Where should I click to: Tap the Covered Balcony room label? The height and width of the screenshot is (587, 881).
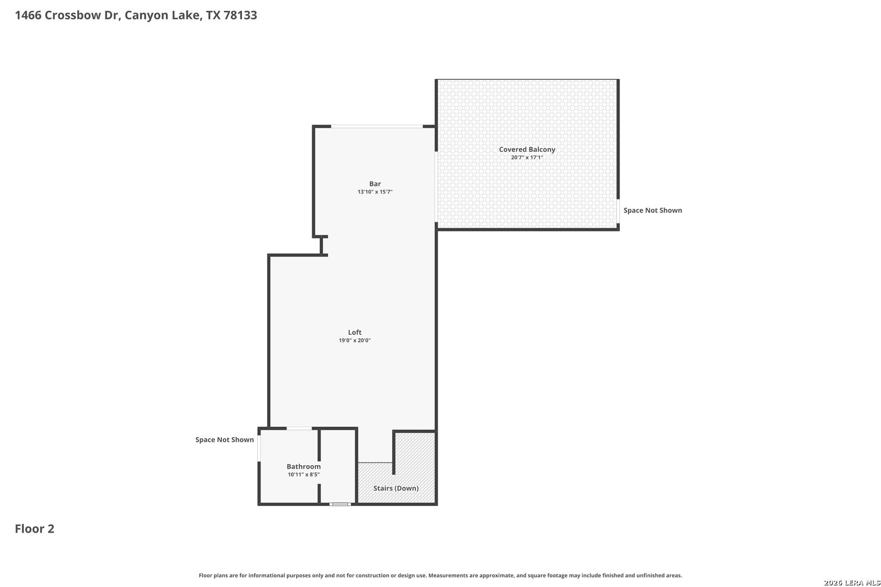tap(527, 149)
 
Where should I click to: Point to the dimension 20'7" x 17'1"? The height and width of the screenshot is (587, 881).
tap(527, 158)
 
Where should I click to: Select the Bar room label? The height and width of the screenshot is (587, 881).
tap(375, 184)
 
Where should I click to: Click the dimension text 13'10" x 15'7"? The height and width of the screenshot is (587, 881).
tap(375, 192)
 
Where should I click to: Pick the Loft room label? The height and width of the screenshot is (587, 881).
tap(355, 332)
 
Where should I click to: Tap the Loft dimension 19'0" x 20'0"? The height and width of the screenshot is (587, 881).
tap(355, 340)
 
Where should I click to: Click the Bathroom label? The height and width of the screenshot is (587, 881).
tap(303, 466)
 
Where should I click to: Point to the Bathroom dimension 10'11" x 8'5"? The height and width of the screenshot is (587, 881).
tap(303, 474)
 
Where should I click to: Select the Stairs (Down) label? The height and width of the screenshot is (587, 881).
tap(396, 488)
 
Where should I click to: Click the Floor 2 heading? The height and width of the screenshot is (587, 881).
tap(35, 529)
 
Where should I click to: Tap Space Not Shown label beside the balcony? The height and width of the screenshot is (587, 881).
tap(653, 210)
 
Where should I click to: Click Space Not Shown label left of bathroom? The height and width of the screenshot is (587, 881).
tap(225, 440)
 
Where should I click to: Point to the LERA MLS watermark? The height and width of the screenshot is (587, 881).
tap(852, 583)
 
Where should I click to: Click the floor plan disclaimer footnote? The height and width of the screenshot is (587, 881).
tap(440, 575)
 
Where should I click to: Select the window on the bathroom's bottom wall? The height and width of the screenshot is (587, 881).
tap(340, 504)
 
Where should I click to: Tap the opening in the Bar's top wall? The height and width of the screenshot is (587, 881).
tap(377, 127)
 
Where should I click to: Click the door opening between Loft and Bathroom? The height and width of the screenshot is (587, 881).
tap(299, 428)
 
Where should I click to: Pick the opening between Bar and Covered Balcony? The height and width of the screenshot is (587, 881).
tap(436, 187)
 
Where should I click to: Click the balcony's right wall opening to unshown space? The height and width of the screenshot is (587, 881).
tap(618, 211)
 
